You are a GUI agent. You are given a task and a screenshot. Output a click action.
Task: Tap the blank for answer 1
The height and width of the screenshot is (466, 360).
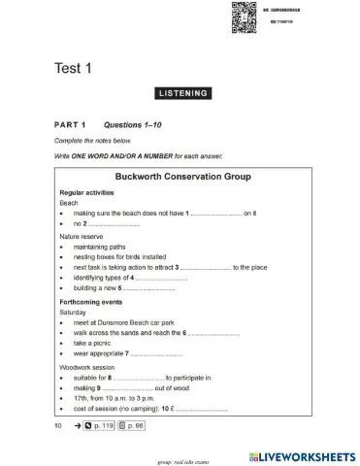(216, 212)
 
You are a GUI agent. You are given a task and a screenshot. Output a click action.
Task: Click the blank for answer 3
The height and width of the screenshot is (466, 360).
(207, 267)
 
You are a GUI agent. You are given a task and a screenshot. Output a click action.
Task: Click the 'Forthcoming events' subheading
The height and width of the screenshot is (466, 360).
(88, 302)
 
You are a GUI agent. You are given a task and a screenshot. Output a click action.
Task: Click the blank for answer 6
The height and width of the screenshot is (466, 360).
(214, 334)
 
